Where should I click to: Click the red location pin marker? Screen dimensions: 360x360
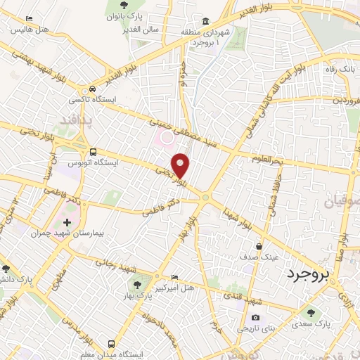(x=181, y=165)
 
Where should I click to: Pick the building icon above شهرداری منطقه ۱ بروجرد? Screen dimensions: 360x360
(x=206, y=21)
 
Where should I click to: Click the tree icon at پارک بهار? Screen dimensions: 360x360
(x=137, y=285)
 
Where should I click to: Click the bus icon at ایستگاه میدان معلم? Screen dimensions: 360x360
(x=112, y=344)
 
